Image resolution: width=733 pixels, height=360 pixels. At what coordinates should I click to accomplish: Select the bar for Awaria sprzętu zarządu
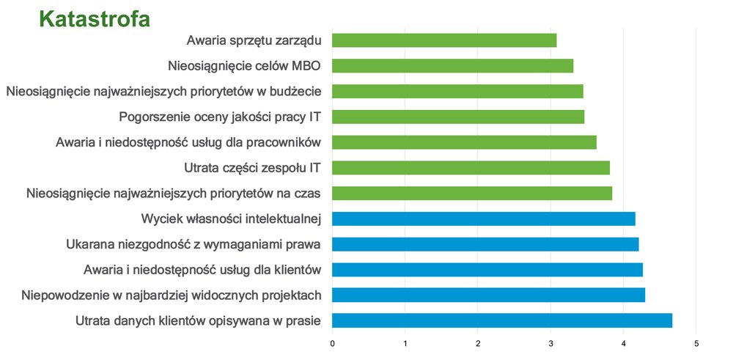point(444,40)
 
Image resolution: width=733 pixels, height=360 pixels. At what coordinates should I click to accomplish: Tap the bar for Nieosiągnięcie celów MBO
point(452,66)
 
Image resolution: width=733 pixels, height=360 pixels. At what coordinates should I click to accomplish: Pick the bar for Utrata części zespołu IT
point(471,168)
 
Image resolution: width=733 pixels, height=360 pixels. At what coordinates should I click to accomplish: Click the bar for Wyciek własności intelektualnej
point(484,218)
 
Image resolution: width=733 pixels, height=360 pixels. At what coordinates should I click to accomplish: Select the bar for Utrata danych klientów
point(502,320)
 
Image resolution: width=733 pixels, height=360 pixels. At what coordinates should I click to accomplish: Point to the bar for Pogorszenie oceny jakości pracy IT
point(458,117)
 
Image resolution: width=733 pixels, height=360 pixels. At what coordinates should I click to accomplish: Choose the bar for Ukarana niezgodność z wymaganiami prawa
point(485,244)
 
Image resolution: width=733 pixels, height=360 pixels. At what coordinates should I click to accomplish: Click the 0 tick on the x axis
point(333,343)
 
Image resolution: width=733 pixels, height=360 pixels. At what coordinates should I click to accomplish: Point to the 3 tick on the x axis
point(550,343)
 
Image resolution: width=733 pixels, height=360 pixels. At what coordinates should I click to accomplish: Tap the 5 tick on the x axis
point(696,343)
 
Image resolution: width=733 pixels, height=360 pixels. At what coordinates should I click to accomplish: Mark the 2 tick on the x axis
point(478,343)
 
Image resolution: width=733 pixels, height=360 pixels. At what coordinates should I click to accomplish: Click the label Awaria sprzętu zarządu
point(254,40)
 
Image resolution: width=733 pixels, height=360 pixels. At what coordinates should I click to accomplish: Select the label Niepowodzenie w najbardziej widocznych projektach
point(172,295)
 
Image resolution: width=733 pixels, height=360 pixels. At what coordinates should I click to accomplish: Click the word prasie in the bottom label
point(304,320)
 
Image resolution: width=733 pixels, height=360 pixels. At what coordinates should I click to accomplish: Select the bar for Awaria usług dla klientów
point(487,270)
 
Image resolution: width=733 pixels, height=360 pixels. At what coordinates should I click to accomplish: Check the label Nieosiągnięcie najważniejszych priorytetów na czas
point(174,194)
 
